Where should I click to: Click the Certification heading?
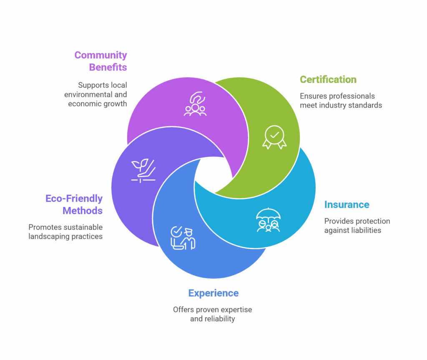[328, 80]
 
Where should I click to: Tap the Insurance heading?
[347, 205]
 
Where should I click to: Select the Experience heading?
[213, 293]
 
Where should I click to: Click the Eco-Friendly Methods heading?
[74, 204]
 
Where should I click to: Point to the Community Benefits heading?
[101, 61]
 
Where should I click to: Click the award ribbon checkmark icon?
[274, 137]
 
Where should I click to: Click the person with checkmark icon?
[183, 238]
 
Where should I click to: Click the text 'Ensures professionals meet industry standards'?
[341, 101]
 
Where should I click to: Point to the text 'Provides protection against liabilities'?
[357, 226]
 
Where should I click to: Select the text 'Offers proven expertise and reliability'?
[213, 314]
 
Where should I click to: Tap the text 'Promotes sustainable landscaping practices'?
[65, 232]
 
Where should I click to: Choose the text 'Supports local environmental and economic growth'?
[96, 94]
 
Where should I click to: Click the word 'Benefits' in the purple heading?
[108, 67]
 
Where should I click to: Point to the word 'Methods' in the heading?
[83, 210]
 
